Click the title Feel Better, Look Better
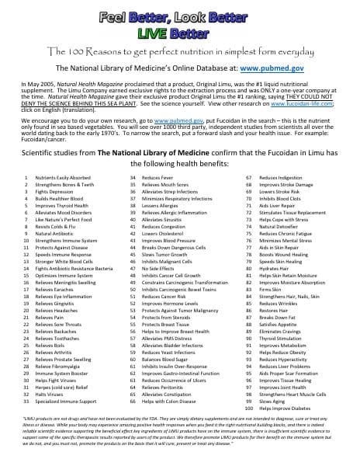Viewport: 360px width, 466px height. point(180,15)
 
